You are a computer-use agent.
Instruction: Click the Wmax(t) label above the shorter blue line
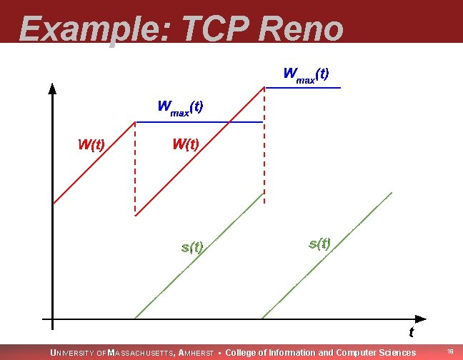(x=306, y=74)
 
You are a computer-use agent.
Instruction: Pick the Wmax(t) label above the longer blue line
(x=180, y=108)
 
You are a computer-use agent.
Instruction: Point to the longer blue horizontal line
(x=199, y=122)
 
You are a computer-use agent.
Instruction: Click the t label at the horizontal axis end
(x=411, y=332)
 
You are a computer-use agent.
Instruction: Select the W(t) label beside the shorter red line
(x=91, y=144)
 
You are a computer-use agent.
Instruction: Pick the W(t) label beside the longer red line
(x=185, y=144)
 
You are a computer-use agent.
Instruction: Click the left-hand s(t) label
(x=192, y=248)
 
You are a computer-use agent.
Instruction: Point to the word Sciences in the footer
(x=397, y=353)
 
